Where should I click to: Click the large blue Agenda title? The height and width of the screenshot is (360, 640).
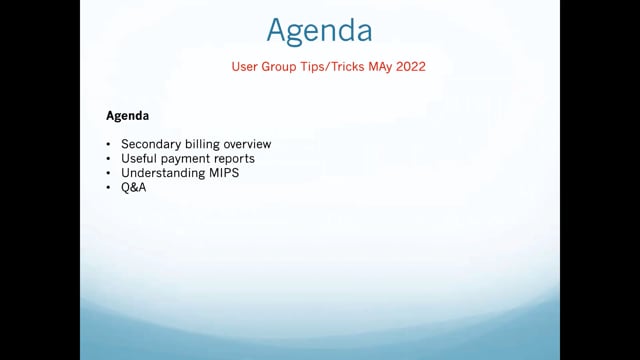pos(319,31)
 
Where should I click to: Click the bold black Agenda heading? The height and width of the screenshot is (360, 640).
pos(127,116)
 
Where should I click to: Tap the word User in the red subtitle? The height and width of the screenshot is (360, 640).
pos(244,67)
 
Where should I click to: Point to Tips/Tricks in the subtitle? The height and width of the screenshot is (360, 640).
pos(332,67)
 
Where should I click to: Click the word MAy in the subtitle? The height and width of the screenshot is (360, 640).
pos(380,67)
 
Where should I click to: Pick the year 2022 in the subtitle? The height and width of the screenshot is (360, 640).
pos(411,67)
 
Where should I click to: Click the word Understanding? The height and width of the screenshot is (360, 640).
pos(163,173)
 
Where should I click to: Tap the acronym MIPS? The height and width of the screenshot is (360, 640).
pos(224,173)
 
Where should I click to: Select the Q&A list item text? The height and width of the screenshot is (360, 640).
pos(133,187)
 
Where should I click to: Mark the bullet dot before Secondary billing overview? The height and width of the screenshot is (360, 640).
pos(108,144)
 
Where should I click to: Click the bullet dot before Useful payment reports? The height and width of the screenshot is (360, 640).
pos(108,159)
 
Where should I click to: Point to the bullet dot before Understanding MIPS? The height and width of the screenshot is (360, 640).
pos(108,173)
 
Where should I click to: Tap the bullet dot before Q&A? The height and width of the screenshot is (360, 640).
pos(108,188)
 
